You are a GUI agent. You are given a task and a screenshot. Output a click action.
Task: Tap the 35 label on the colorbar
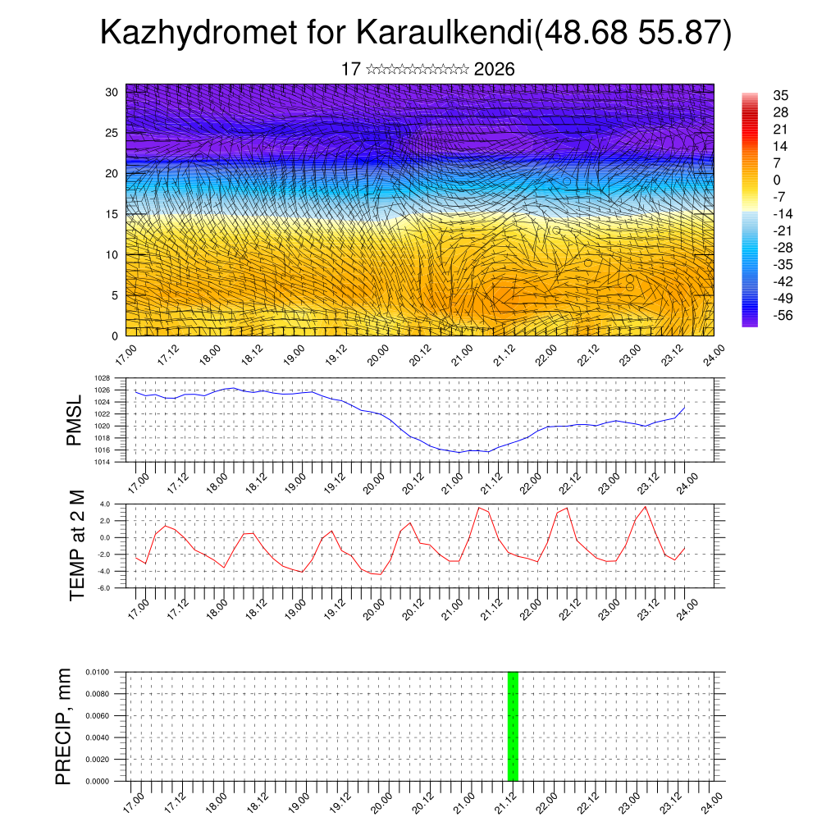(x=780, y=96)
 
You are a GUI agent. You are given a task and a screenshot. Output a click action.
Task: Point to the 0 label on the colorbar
(x=777, y=180)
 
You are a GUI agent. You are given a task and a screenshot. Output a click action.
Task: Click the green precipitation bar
(x=513, y=726)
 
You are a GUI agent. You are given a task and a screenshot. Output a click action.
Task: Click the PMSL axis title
(x=75, y=420)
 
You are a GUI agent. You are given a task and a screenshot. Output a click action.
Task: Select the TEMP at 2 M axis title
(x=77, y=545)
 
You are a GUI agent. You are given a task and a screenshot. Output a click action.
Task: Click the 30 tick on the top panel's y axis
(x=112, y=92)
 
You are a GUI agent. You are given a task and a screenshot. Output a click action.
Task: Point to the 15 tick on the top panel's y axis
(x=112, y=214)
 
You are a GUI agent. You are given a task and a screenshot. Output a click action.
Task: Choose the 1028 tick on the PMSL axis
(x=102, y=378)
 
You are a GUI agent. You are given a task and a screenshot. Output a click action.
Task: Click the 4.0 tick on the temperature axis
(x=104, y=504)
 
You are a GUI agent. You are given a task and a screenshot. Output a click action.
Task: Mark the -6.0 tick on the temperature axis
(x=104, y=588)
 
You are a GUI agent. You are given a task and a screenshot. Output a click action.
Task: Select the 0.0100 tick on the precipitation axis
(x=95, y=672)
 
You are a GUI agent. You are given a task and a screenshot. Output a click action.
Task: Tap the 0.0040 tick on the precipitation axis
(x=95, y=737)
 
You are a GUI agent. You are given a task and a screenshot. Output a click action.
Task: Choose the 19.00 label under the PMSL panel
(x=294, y=478)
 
